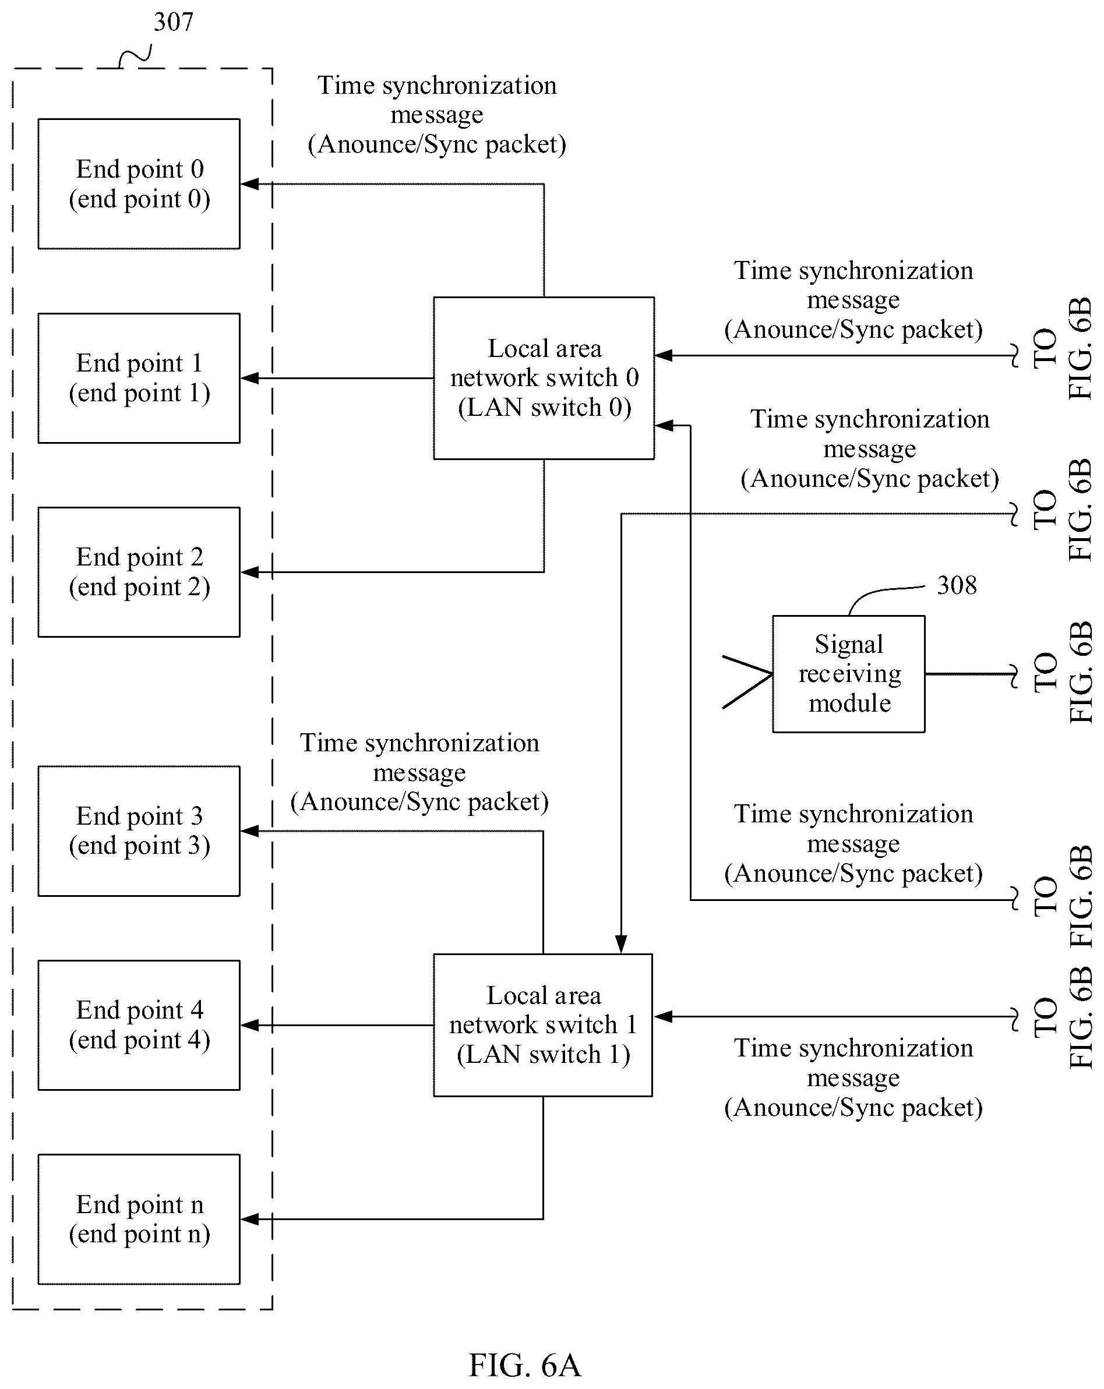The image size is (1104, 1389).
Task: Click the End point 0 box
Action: click(139, 183)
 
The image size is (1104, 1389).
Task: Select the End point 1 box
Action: click(139, 378)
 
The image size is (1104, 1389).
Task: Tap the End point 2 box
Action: click(139, 572)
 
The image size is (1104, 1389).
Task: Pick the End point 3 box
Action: click(139, 831)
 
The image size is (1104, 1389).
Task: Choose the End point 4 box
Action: click(139, 1025)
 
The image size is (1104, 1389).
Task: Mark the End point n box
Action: click(139, 1220)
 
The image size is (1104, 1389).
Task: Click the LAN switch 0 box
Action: click(544, 378)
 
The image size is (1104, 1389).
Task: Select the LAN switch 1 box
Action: click(542, 1025)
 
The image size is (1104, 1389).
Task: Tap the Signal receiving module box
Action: click(849, 674)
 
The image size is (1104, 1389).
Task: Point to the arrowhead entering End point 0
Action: click(249, 184)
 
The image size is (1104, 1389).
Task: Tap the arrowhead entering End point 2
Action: click(249, 572)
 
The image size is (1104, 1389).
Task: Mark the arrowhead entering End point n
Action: click(249, 1219)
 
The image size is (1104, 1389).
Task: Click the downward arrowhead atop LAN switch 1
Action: click(620, 945)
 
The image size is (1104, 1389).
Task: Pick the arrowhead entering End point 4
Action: click(249, 1025)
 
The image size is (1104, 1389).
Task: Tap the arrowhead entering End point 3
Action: click(249, 831)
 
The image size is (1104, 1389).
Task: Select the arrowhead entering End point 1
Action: click(249, 378)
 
